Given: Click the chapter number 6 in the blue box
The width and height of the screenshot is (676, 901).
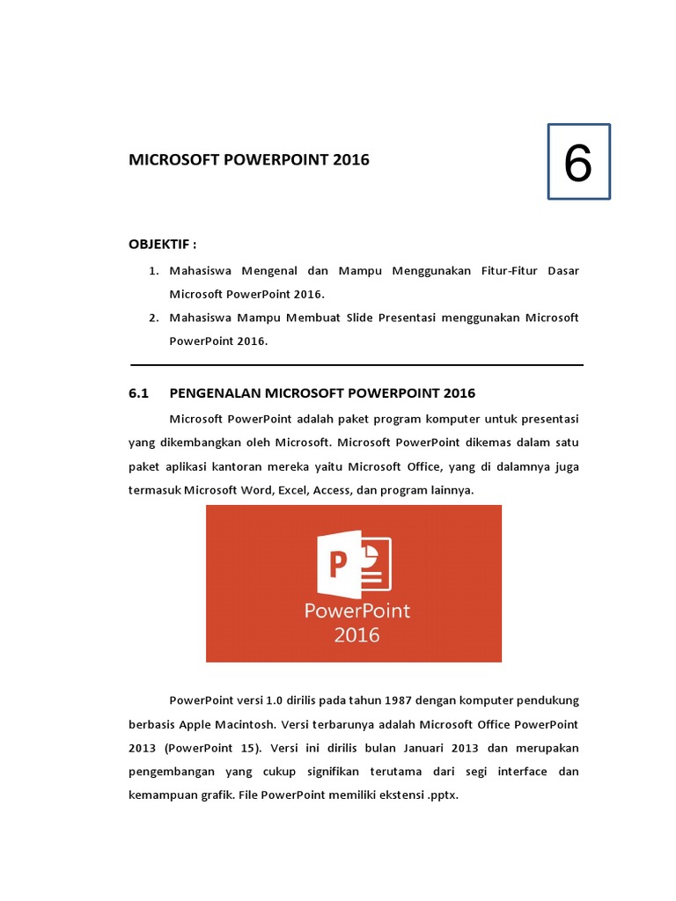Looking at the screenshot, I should click(x=577, y=163).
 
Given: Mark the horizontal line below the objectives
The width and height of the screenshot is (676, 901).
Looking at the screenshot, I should click(x=356, y=364).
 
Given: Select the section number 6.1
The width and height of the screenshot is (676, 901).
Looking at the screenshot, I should click(x=141, y=392).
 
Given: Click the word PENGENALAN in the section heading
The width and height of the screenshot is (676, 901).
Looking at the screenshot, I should click(x=215, y=392).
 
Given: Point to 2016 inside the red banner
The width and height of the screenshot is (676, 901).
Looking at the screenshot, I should click(x=356, y=634).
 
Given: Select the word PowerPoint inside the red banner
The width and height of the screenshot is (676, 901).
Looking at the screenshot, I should click(x=356, y=610).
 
